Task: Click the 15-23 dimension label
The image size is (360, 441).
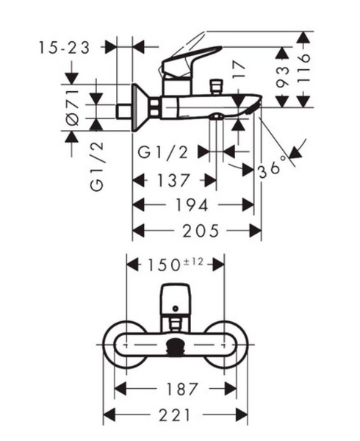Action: (x=64, y=48)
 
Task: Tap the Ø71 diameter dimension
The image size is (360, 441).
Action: (x=73, y=108)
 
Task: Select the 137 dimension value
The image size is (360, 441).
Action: (x=173, y=180)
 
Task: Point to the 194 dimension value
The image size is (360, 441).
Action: (x=192, y=205)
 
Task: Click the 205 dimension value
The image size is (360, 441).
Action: (x=201, y=231)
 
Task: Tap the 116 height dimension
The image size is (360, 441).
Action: (x=303, y=68)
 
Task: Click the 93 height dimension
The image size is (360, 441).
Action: (x=283, y=76)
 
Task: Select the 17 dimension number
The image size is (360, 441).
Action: (x=239, y=71)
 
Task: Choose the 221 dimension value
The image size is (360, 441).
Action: (x=175, y=415)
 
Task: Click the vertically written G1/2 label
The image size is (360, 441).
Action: (x=97, y=167)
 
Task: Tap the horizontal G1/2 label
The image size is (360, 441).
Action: (x=162, y=153)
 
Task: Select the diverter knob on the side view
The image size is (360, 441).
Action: (x=217, y=87)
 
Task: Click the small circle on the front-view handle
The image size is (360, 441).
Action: (x=176, y=309)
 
